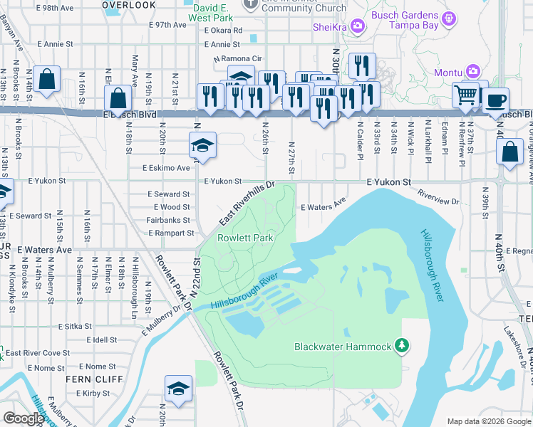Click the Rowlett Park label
tap(245, 238)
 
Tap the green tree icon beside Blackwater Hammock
tap(402, 346)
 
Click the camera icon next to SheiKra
tap(358, 27)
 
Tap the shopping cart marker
tap(465, 95)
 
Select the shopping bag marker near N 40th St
tap(509, 152)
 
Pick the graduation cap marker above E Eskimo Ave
tap(202, 146)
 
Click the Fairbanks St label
tap(168, 220)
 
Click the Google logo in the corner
tap(23, 418)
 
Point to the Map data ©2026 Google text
tap(488, 421)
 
